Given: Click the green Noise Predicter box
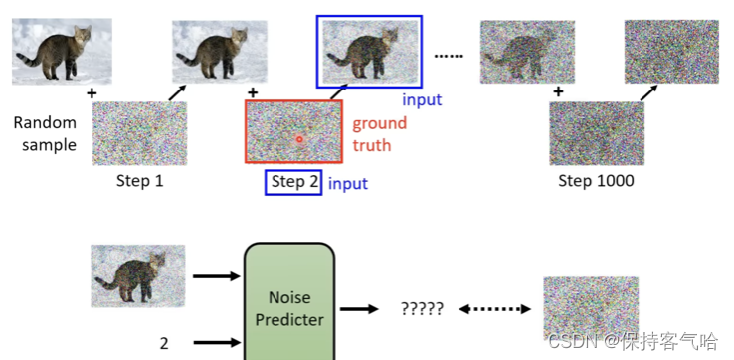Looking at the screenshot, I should point(289,304).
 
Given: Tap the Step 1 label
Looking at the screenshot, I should point(139,181).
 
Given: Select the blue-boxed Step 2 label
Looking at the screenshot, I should point(293,182).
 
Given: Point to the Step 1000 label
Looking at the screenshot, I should point(596,181).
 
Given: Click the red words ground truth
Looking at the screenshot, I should point(378,134).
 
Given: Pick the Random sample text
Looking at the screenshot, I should point(44,134).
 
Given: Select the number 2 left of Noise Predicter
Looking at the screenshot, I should point(164,344).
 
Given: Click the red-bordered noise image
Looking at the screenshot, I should point(293,131).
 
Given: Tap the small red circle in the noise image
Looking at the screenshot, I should point(298,139).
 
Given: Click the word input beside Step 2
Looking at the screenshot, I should point(348,183).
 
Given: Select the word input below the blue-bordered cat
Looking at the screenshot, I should point(422,99).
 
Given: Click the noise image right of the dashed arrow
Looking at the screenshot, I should point(590,309).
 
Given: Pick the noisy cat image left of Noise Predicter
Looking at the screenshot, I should point(137,274).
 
